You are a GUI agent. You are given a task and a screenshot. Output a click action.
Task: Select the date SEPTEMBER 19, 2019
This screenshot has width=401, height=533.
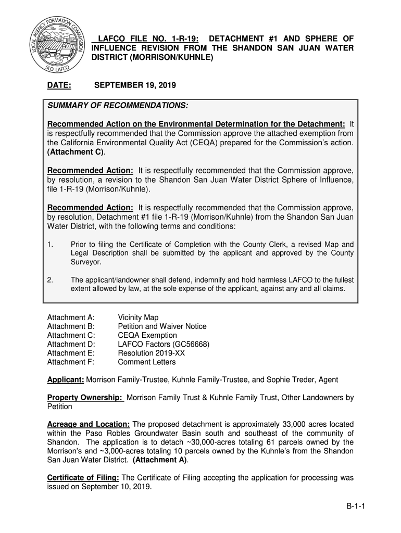(135, 85)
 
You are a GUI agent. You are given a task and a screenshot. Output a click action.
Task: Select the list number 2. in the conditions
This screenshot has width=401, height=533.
(50, 280)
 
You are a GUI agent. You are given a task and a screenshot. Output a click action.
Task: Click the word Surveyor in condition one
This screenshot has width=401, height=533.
(86, 262)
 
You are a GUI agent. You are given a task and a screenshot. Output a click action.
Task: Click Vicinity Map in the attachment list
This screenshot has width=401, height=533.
(138, 318)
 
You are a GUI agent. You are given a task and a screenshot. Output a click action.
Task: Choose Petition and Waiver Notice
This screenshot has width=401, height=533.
(162, 326)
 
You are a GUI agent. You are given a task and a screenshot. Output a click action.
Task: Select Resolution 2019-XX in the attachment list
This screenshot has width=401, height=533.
(152, 353)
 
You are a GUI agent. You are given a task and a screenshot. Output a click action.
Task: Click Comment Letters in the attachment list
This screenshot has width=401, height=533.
(147, 362)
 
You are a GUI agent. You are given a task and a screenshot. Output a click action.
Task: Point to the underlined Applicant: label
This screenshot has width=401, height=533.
(66, 380)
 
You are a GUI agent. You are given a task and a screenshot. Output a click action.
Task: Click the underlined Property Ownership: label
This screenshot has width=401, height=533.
(85, 398)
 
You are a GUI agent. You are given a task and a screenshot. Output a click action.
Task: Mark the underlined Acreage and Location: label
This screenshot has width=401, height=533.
(89, 425)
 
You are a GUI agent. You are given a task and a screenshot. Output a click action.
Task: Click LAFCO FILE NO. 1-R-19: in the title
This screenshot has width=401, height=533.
(148, 39)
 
